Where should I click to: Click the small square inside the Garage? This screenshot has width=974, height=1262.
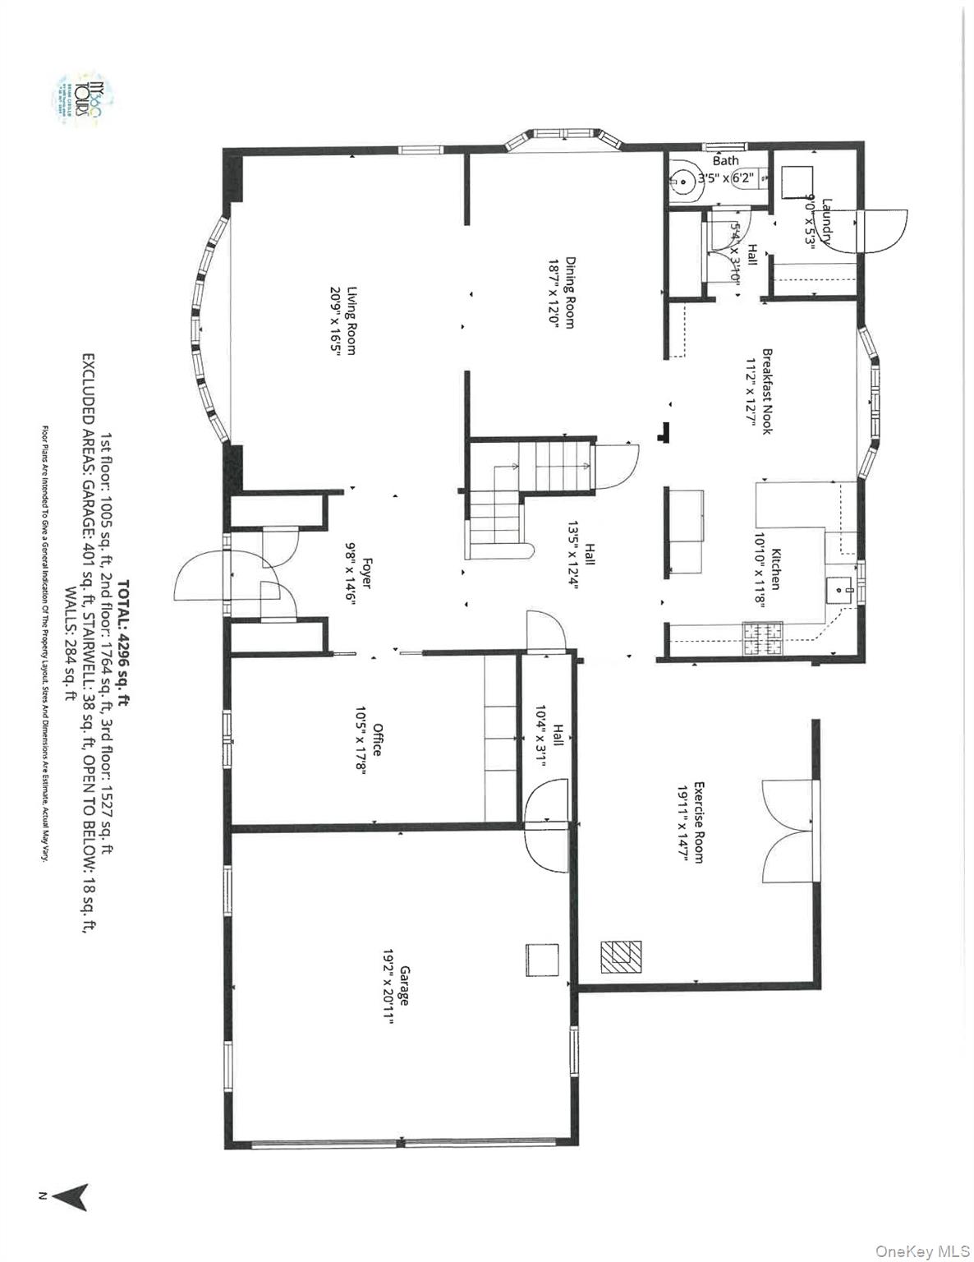click(x=542, y=960)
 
